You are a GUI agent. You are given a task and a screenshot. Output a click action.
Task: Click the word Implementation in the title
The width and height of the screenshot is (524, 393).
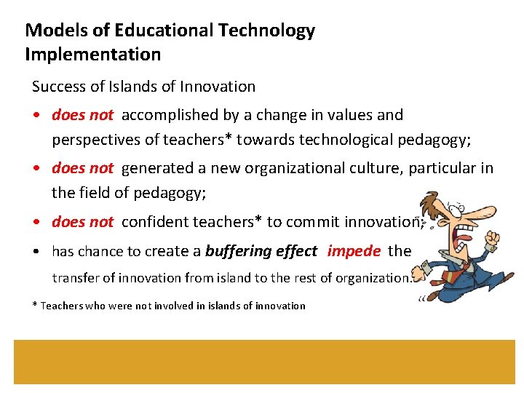[92, 55]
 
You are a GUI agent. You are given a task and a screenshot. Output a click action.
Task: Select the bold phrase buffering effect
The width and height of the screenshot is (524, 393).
[261, 252]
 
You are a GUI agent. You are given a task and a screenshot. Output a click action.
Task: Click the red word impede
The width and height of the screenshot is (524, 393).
[354, 252]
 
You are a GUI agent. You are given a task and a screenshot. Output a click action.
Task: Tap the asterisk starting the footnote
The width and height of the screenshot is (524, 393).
[35, 306]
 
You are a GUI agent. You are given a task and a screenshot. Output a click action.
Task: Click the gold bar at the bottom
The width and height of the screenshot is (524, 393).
[262, 362]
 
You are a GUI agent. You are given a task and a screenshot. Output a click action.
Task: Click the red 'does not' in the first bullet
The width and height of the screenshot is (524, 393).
[82, 115]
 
